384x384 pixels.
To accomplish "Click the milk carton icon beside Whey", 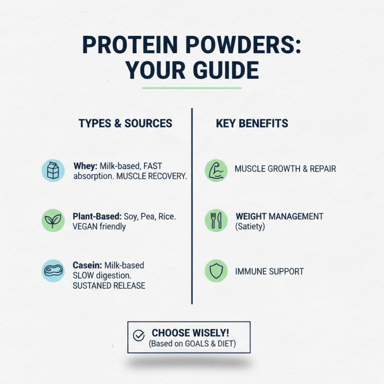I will tap(53, 170).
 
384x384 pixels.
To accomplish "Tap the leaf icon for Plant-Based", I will tap(53, 220).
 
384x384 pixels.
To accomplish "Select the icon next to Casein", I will tap(53, 270).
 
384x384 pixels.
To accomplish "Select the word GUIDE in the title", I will tap(222, 71).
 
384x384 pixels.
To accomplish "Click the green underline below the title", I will tap(192, 88).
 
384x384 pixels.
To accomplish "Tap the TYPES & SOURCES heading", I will tap(125, 123).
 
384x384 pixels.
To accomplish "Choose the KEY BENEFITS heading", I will tap(252, 123).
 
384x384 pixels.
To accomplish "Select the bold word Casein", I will tap(87, 265).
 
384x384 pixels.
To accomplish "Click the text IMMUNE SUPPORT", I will tap(269, 272).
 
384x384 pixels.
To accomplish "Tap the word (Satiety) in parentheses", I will tap(250, 226).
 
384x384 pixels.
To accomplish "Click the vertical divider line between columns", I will tap(192, 206).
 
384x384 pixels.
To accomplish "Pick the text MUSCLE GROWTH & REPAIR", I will tap(285, 169).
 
